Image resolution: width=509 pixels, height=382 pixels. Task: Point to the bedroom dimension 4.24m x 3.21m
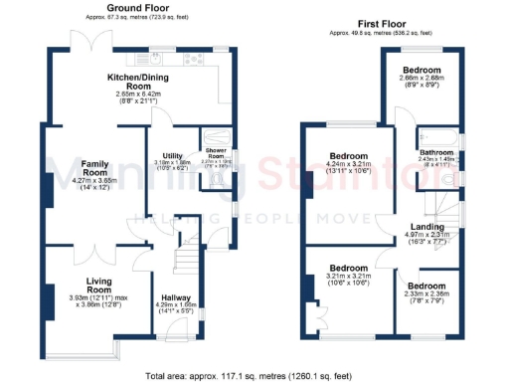tap(349, 166)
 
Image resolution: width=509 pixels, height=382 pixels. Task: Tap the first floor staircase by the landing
tap(434, 205)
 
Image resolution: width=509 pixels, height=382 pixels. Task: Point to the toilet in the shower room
tap(219, 183)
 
